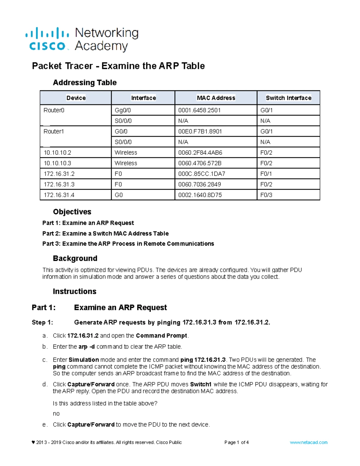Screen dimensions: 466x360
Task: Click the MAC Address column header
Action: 216,98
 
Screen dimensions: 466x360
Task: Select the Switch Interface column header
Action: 288,98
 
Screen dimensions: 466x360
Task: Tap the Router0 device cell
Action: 54,110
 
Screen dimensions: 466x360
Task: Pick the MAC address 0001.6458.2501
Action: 199,110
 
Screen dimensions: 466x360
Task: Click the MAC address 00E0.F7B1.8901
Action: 200,131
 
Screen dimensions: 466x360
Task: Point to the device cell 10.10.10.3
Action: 58,163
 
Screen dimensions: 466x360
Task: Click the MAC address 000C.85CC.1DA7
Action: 202,174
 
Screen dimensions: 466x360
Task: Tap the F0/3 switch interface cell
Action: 266,195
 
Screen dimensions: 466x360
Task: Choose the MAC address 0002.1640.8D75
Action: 200,195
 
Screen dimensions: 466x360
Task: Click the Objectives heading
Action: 72,212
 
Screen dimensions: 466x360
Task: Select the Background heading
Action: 75,258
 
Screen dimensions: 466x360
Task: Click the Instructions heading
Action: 74,291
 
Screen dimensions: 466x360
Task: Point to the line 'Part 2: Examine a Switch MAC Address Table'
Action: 105,233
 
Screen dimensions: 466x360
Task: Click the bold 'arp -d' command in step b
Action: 86,347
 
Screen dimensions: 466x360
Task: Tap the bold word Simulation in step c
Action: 84,360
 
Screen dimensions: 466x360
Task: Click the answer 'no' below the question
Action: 56,414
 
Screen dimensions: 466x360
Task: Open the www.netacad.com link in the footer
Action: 308,442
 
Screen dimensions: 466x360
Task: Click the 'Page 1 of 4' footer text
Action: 236,442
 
